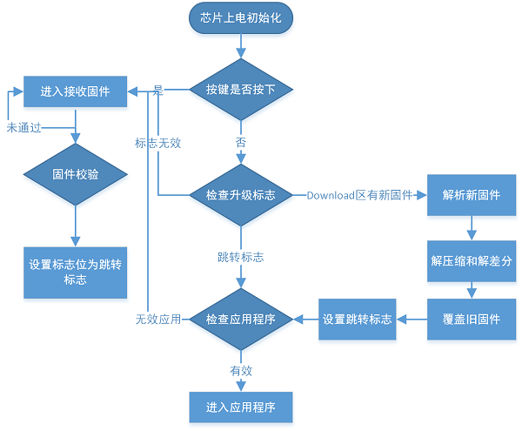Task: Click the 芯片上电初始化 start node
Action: [241, 19]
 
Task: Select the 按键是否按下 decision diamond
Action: [241, 90]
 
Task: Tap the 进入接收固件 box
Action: [75, 91]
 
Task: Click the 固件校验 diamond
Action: [75, 174]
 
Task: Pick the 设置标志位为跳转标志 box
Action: [75, 272]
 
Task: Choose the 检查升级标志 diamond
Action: [241, 195]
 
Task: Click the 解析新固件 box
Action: [471, 195]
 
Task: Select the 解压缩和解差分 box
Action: [471, 260]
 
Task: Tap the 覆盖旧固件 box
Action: [471, 320]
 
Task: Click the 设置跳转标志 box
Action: [357, 320]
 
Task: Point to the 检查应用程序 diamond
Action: [241, 320]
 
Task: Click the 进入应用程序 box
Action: [241, 407]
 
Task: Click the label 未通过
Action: [25, 127]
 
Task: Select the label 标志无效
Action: [157, 143]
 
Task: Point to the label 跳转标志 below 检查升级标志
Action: [241, 258]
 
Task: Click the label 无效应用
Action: [157, 320]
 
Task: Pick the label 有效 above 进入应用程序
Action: [241, 370]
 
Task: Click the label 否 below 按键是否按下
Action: [241, 141]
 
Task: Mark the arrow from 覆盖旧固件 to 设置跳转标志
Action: [412, 320]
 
